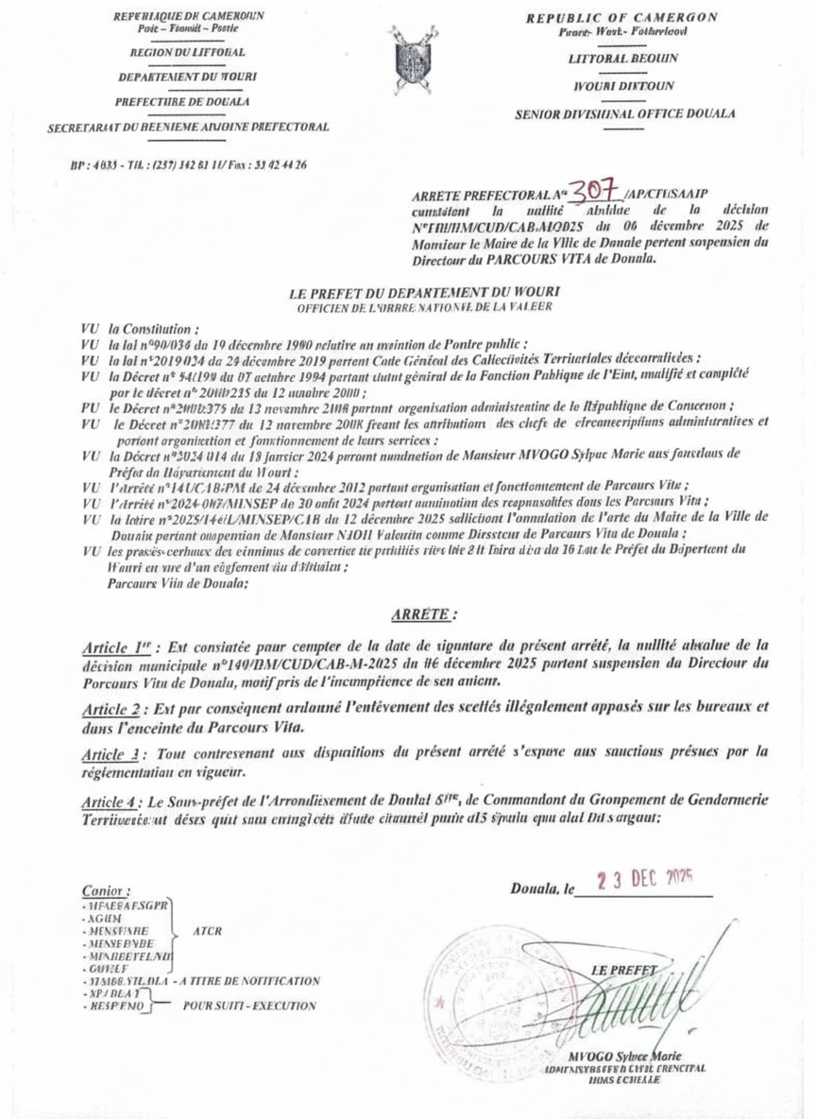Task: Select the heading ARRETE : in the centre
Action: [422, 614]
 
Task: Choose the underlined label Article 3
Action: [108, 752]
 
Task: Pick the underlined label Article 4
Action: [109, 799]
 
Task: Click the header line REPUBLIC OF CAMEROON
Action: [621, 18]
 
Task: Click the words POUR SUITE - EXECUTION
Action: [250, 1007]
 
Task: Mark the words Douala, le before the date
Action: [543, 889]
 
